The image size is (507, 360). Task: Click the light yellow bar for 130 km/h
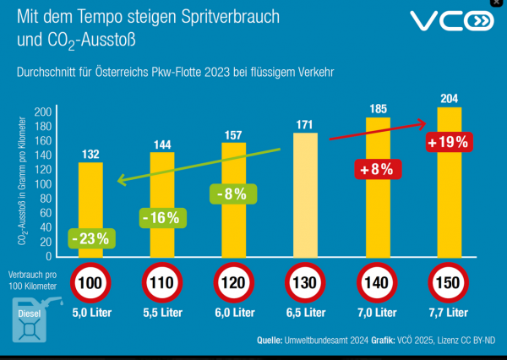[x=305, y=194]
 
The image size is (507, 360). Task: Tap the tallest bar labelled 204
[x=449, y=182]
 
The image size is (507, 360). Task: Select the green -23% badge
[x=90, y=238]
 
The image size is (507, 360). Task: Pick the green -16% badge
[x=161, y=217]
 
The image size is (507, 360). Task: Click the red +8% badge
[x=376, y=168]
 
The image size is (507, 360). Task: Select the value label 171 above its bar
[x=305, y=125]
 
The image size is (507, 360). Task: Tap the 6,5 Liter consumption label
[x=305, y=313]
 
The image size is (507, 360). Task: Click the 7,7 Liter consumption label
[x=449, y=313]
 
